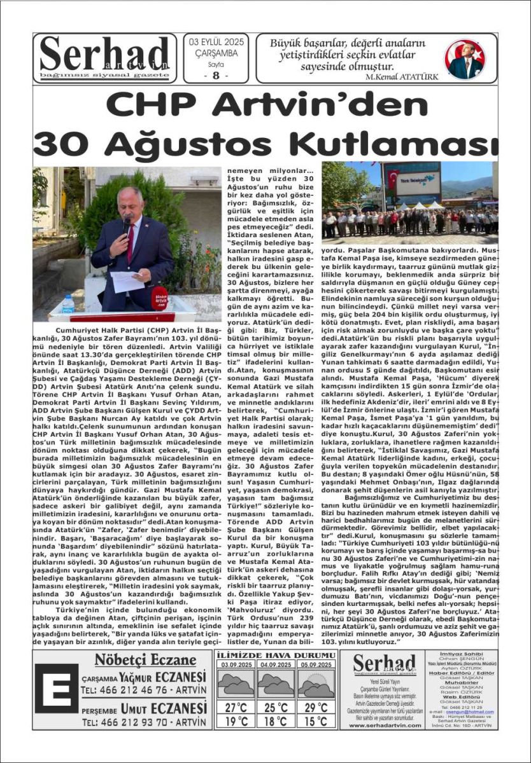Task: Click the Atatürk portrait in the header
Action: [465, 58]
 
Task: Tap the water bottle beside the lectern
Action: [68, 304]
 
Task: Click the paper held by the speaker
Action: [127, 280]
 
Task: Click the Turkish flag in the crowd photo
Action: [393, 179]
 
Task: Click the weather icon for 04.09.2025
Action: [276, 684]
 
